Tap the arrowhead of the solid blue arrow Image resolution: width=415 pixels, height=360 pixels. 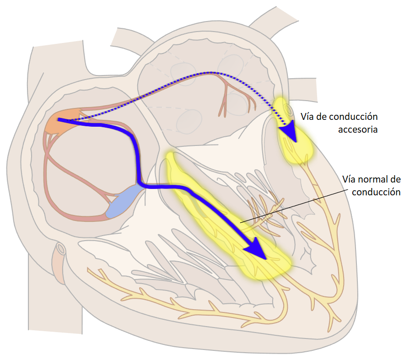[x=256, y=250]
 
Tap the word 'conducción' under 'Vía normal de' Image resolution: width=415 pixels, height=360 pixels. [x=376, y=192]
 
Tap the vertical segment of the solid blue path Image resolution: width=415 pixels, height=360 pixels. [x=137, y=160]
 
